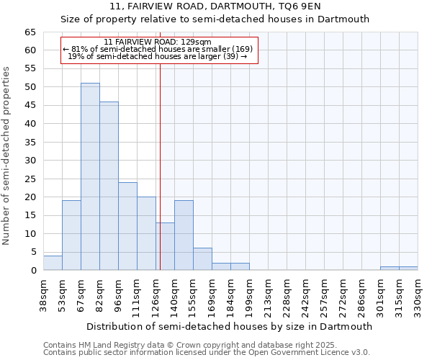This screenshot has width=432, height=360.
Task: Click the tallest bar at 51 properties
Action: click(x=90, y=176)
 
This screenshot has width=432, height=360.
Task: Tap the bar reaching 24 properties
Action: click(x=127, y=226)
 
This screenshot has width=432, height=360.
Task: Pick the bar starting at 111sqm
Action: click(x=146, y=233)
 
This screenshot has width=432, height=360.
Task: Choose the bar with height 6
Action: click(x=202, y=259)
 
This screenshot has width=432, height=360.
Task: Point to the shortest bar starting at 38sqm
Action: click(x=53, y=263)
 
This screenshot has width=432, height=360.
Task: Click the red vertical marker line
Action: click(x=160, y=166)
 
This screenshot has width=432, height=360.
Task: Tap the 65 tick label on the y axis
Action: click(x=30, y=32)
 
